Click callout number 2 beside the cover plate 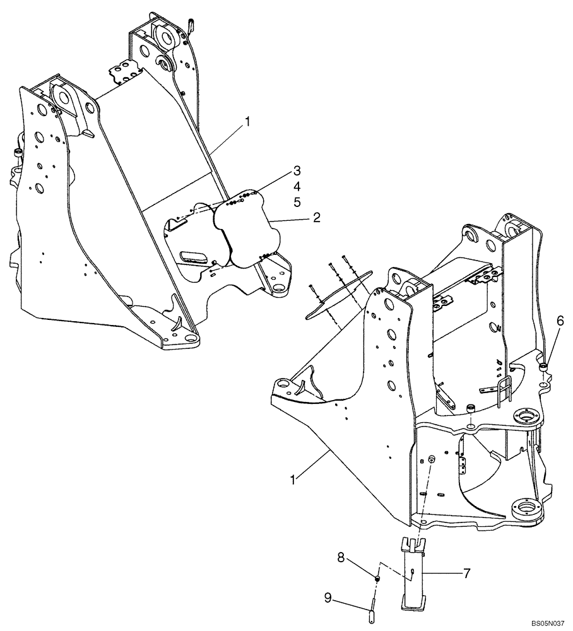316,218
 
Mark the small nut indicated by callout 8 377,579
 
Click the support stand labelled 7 411,574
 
